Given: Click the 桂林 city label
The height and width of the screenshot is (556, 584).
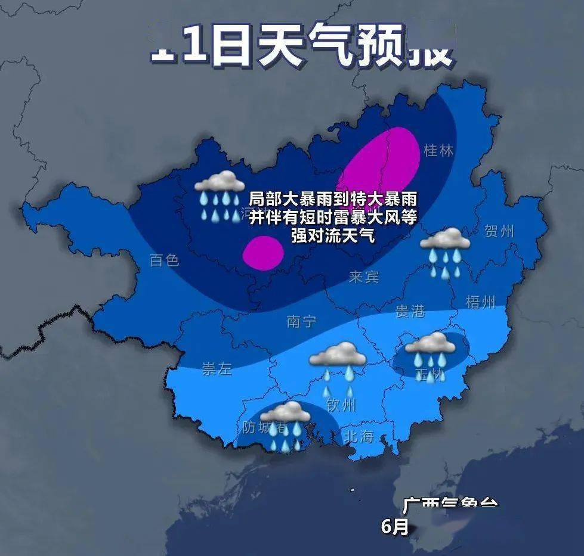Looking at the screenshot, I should point(438,151).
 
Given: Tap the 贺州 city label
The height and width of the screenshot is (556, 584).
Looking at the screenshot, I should point(499,231).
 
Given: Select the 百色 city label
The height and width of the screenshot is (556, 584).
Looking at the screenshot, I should point(164,260).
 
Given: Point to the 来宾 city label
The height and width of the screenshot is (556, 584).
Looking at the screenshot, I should point(364,277).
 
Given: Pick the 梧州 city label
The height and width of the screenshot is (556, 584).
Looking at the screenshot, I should point(481,302).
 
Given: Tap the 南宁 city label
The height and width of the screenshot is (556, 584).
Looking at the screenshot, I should point(301,322).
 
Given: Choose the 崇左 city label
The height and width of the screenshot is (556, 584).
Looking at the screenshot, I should point(217,369).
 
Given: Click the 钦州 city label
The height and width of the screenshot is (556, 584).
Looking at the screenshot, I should point(341,406).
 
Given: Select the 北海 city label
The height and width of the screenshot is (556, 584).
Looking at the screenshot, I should point(359,437).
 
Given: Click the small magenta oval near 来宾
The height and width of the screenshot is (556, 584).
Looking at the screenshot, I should point(263,253).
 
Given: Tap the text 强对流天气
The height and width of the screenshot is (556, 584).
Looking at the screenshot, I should point(332,235).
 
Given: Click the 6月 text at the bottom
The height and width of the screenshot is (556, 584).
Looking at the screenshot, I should point(395,527).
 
